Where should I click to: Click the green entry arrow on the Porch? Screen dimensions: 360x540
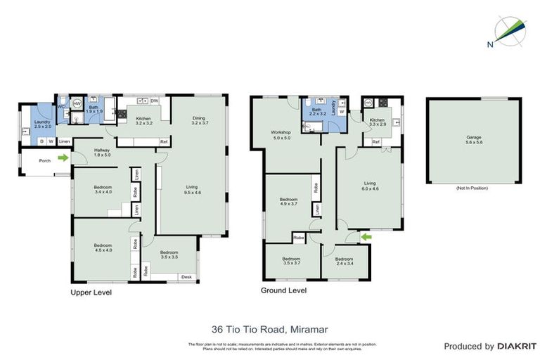(x=63, y=158)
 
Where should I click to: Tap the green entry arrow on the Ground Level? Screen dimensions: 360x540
(x=366, y=238)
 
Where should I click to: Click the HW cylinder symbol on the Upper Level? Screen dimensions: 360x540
(x=77, y=103)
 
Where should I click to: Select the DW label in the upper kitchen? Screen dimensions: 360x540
(x=154, y=100)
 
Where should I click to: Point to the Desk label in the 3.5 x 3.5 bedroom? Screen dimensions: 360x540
(x=186, y=277)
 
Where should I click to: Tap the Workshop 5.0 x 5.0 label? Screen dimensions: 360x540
(x=281, y=135)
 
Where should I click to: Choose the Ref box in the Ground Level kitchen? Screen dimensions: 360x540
(x=376, y=143)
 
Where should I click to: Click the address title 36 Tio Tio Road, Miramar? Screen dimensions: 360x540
(x=269, y=328)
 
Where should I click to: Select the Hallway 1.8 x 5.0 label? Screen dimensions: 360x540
(x=103, y=152)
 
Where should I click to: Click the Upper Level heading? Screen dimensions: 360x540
(x=91, y=291)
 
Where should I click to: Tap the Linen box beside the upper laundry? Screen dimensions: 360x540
(x=65, y=142)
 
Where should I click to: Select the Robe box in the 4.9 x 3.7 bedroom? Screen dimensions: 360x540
(x=316, y=188)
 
